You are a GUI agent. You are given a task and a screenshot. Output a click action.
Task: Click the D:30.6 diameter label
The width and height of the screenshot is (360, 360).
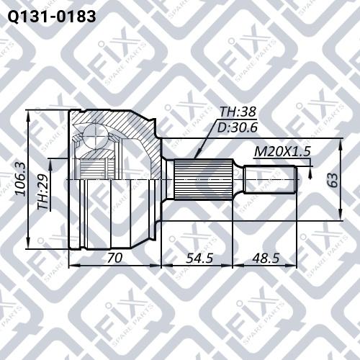(237, 127)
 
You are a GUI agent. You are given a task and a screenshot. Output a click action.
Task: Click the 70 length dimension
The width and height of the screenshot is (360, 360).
(114, 258)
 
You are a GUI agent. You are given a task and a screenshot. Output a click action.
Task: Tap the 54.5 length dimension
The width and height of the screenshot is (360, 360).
(199, 258)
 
